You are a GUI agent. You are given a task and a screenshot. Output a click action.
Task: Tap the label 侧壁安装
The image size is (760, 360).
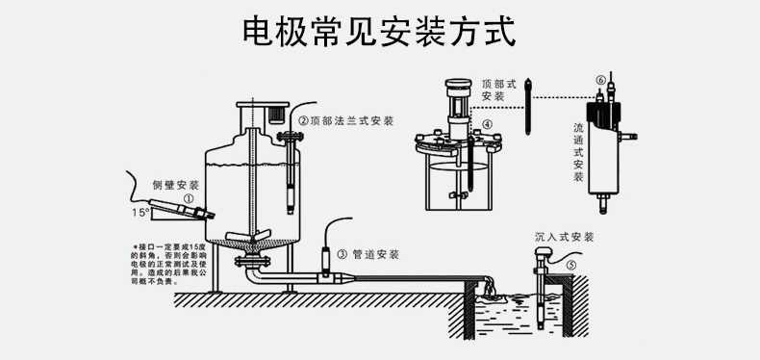[x=176, y=184]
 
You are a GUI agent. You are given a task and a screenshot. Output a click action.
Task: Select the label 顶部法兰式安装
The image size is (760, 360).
[x=345, y=121]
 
